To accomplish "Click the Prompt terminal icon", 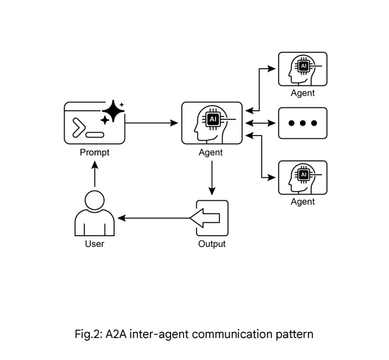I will [94, 123].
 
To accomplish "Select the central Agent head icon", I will [212, 123].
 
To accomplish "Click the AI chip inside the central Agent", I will [213, 119].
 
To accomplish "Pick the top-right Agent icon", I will [302, 69].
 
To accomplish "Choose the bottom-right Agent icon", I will [302, 178].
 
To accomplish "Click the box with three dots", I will [302, 123].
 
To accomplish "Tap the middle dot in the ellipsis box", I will [303, 123].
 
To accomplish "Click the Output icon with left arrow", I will [212, 218].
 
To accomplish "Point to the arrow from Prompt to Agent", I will [151, 123].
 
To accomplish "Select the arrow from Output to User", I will [155, 218].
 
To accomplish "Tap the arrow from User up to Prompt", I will [95, 174].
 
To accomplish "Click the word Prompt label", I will [94, 152].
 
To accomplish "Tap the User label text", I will [94, 244].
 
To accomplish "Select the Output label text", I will [212, 244].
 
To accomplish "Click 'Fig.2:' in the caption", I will [88, 334].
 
